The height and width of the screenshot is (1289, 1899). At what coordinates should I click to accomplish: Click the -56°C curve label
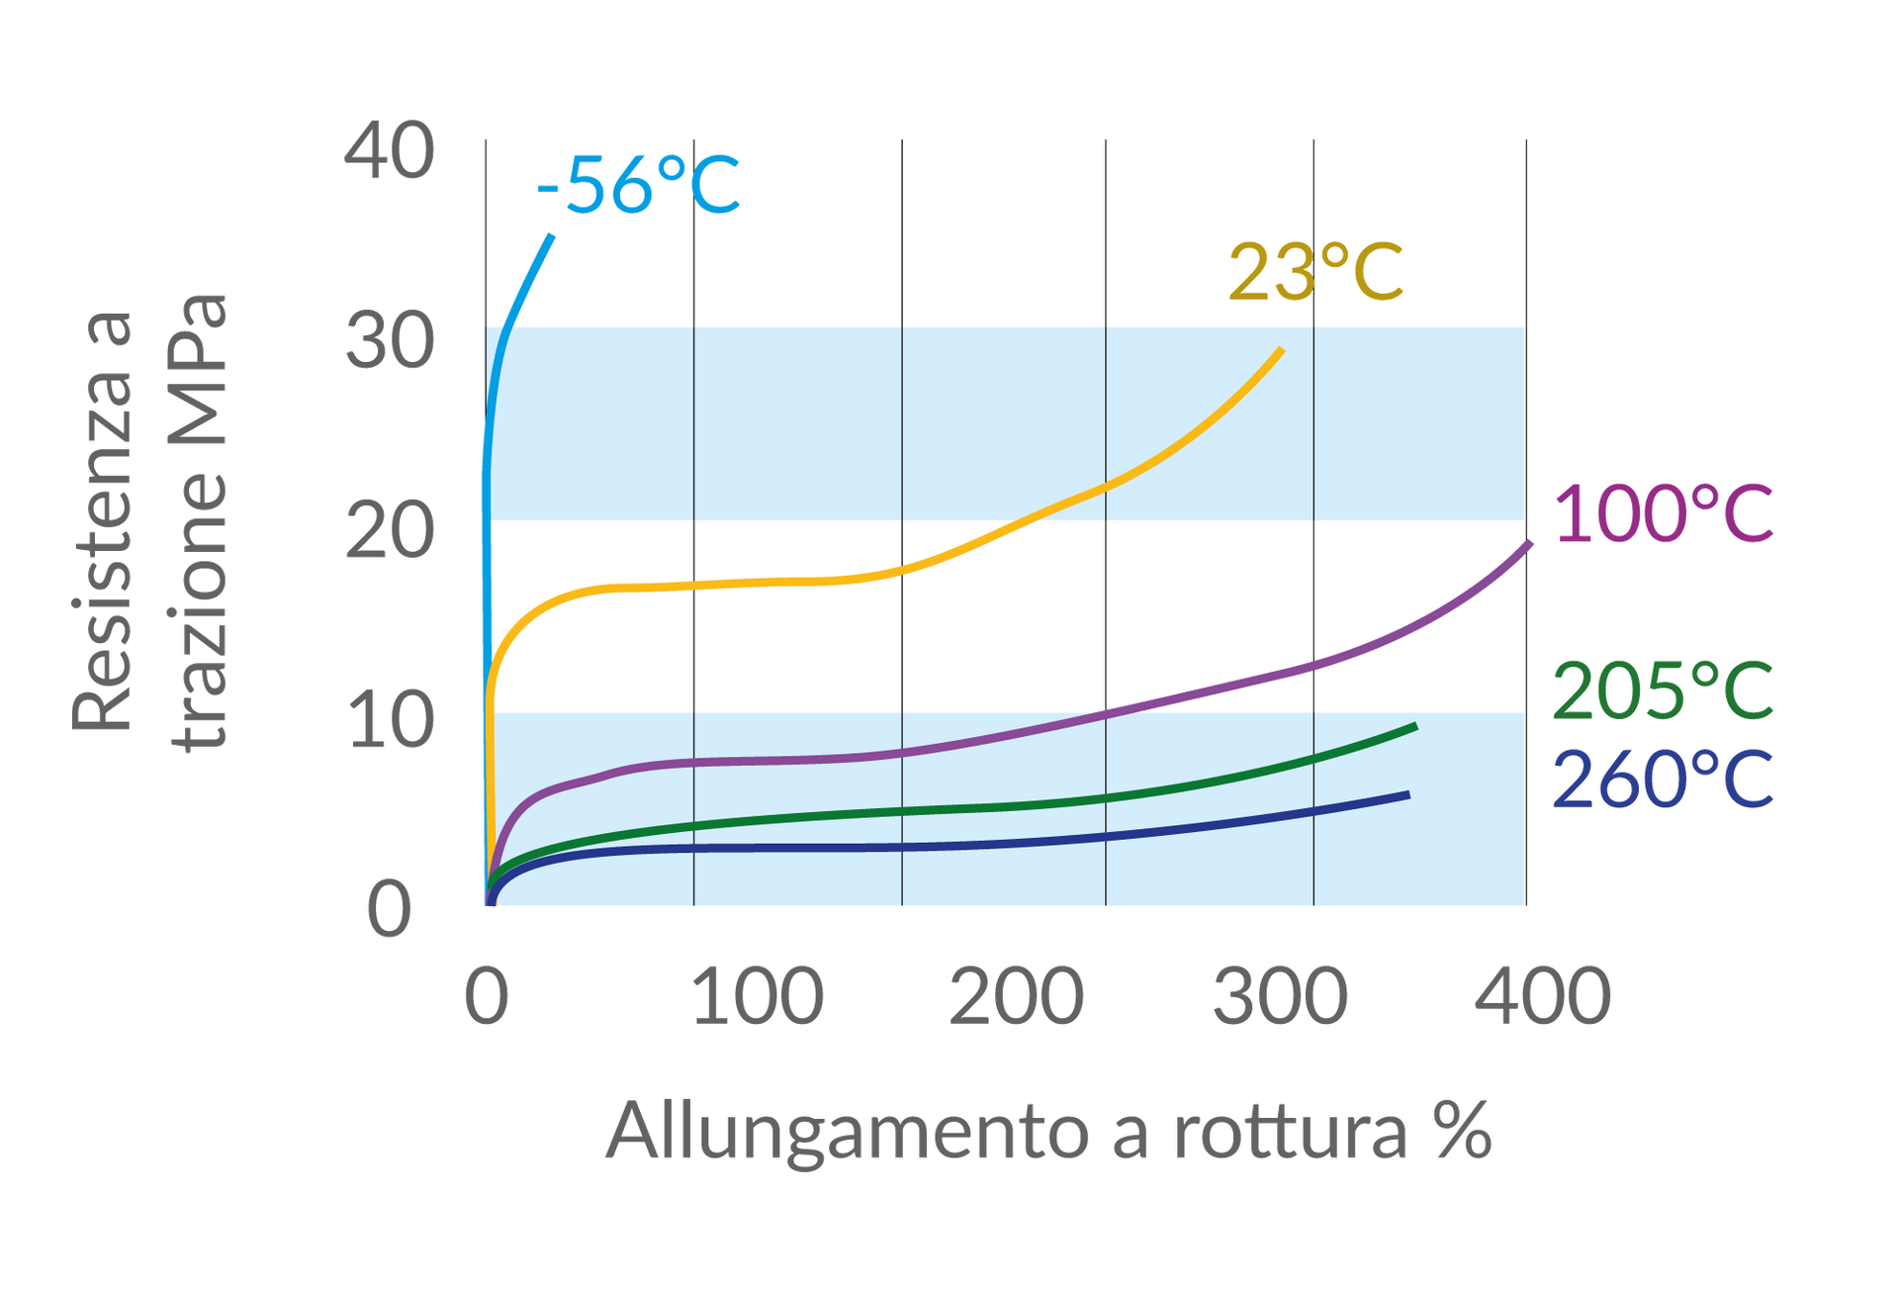tap(638, 185)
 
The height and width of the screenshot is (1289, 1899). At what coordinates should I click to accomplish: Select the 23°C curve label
tap(1314, 271)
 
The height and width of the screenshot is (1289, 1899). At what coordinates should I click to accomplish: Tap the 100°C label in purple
tap(1664, 513)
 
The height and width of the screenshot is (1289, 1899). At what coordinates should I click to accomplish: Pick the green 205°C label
tap(1663, 690)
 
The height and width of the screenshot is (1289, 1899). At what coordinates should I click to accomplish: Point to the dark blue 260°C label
tap(1663, 780)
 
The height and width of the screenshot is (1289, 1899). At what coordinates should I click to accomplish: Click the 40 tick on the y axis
tap(390, 151)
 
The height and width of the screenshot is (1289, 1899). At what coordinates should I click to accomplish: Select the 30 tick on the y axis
tap(390, 341)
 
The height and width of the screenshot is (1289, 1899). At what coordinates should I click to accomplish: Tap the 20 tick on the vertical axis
tap(390, 531)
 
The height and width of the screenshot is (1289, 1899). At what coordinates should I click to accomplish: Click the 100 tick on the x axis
tap(758, 996)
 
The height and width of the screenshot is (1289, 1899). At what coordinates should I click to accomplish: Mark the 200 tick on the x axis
tap(1017, 996)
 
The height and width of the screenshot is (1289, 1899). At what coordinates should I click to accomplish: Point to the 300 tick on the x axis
tap(1280, 996)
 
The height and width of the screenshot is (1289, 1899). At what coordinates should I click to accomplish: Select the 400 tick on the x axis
tap(1543, 996)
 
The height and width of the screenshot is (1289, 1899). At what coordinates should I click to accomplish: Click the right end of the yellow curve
tap(1283, 349)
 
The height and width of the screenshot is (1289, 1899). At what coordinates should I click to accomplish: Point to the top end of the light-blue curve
tap(552, 235)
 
